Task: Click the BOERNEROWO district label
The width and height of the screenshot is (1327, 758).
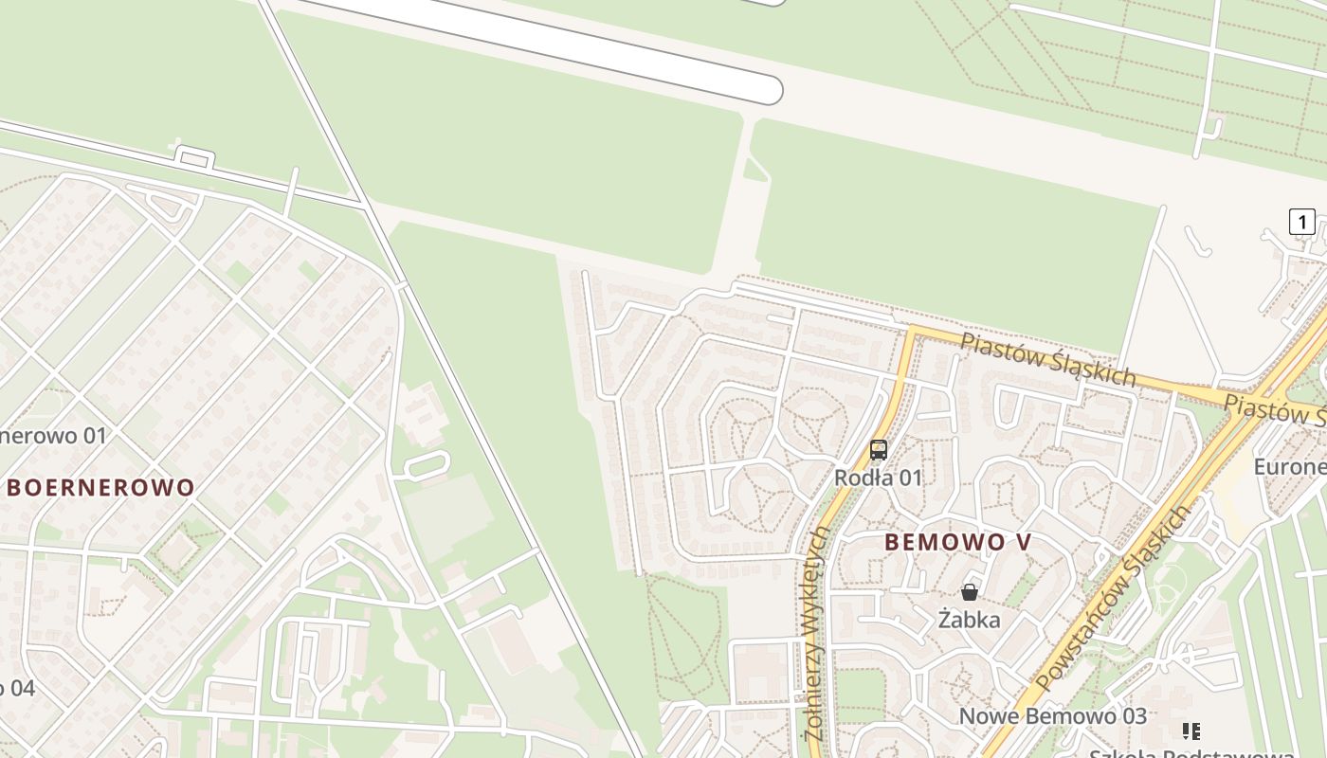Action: [x=101, y=488]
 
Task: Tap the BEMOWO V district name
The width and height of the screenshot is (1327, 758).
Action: [x=957, y=542]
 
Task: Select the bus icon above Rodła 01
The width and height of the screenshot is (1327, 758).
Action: [x=879, y=450]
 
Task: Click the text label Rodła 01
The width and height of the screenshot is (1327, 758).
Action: [x=878, y=478]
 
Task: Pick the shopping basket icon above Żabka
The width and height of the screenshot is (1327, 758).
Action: [x=969, y=593]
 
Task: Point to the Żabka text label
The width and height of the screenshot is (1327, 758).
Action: [x=969, y=620]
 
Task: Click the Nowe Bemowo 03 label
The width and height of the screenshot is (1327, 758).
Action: [x=1052, y=716]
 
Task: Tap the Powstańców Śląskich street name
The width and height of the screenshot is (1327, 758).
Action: [x=1113, y=599]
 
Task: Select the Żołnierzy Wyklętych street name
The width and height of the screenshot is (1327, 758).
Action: [x=815, y=635]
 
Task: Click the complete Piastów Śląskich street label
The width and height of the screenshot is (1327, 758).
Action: [x=1047, y=359]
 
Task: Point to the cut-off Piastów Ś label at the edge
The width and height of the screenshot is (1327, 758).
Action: [x=1275, y=410]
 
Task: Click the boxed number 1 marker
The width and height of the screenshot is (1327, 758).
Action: [x=1301, y=222]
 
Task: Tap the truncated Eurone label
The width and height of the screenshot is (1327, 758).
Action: [x=1289, y=466]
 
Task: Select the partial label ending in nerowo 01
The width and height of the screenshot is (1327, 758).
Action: [x=53, y=436]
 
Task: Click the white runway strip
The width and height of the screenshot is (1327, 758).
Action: [x=550, y=43]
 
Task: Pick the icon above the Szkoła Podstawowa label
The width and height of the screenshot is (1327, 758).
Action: [x=1191, y=731]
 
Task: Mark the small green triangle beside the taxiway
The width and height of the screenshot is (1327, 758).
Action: [x=754, y=171]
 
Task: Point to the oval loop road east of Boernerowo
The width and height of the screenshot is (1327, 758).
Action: [x=426, y=464]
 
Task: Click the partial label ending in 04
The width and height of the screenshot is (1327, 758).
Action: [x=17, y=688]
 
